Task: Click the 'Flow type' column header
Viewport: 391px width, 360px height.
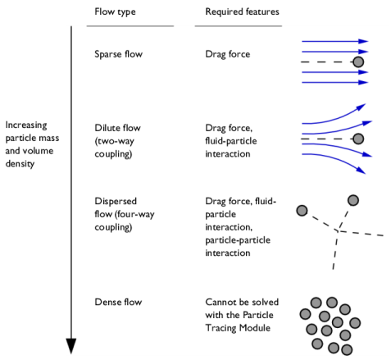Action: (115, 11)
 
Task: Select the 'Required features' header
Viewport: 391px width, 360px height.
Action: (242, 11)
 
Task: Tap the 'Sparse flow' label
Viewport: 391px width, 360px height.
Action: (118, 54)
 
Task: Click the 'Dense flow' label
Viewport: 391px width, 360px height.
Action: (118, 302)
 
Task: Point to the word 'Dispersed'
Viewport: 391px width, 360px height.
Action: (116, 202)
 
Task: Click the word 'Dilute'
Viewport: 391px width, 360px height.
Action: (107, 128)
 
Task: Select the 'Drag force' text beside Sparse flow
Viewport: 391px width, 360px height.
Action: (228, 54)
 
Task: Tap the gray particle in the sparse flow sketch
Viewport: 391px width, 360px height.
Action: (358, 62)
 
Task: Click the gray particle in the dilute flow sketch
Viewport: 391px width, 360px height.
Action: (358, 139)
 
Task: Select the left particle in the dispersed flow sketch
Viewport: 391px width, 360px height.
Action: (302, 211)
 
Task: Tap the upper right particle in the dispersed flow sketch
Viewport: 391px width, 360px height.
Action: (353, 200)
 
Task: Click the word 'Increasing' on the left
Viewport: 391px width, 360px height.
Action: (26, 125)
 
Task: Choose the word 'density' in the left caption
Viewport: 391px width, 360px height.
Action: (20, 164)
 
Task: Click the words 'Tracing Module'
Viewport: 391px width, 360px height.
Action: (238, 328)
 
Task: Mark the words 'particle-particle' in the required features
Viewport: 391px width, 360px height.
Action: (238, 240)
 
